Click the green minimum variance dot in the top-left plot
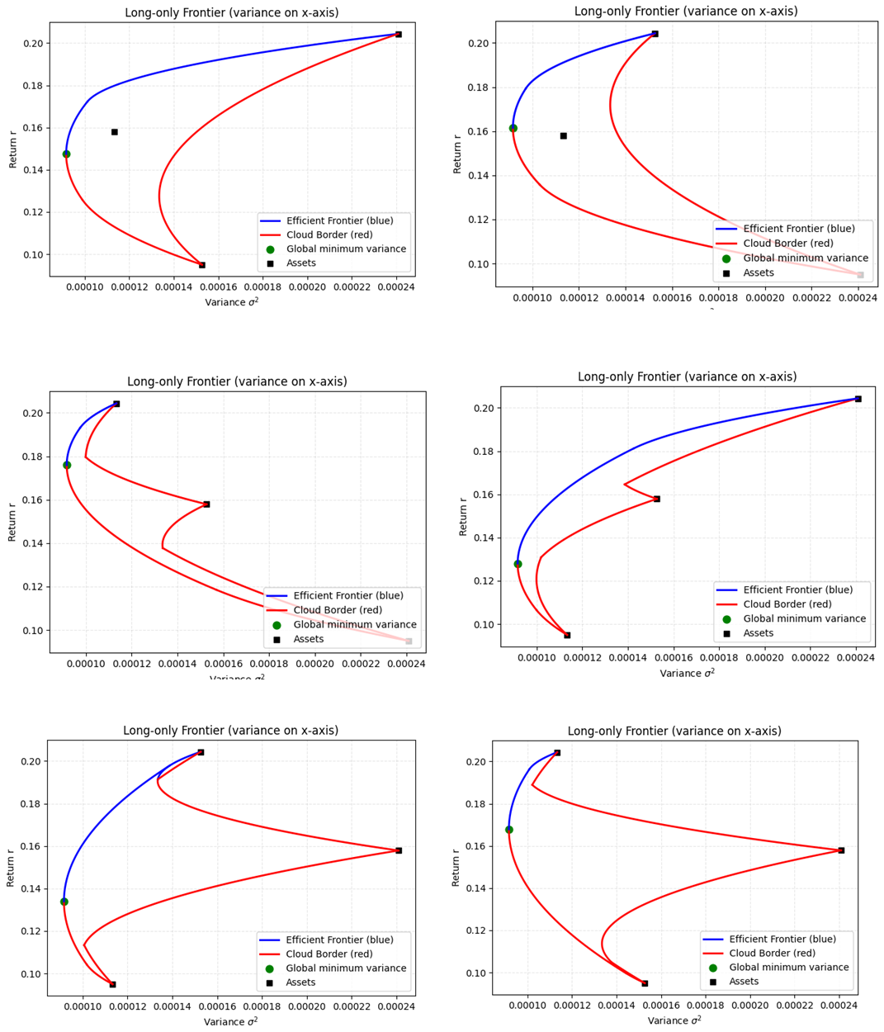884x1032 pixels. [66, 154]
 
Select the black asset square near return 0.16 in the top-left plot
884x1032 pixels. [115, 132]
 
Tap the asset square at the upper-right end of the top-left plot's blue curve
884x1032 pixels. [399, 34]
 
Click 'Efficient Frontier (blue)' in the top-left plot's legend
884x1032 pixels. [339, 220]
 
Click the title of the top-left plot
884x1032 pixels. [231, 12]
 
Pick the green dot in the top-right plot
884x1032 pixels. [513, 128]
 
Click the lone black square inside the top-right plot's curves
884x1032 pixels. [564, 135]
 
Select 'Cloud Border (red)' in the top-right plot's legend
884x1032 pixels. [787, 244]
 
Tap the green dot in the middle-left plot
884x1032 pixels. [67, 465]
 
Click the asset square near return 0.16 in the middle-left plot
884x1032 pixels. [206, 504]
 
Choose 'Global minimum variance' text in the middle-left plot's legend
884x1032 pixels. [355, 625]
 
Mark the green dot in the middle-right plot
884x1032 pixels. [518, 564]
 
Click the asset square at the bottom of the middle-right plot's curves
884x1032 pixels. [567, 635]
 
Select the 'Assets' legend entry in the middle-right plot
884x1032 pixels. [758, 633]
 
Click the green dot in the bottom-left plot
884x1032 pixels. [64, 902]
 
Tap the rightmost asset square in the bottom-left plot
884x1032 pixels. [399, 850]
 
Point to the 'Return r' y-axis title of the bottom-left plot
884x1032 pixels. [11, 867]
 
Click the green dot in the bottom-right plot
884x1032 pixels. [509, 830]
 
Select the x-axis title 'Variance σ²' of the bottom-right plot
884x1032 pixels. [674, 1020]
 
